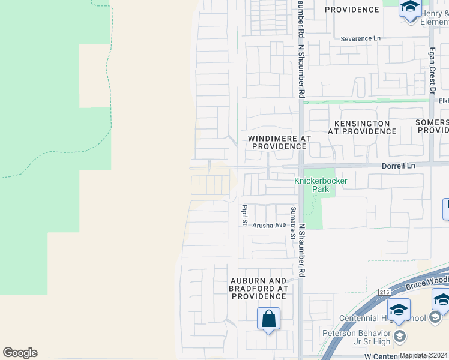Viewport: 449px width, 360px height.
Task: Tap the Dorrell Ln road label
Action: click(399, 164)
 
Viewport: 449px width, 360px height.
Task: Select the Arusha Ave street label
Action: click(269, 225)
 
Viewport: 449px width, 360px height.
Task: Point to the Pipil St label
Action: click(244, 215)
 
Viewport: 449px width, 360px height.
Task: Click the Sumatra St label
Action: click(292, 222)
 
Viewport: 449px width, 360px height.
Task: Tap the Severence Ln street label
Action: click(360, 38)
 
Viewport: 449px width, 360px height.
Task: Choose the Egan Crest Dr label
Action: click(431, 71)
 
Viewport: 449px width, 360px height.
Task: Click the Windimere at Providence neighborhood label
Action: click(279, 142)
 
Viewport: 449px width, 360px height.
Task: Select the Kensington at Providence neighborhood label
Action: click(362, 127)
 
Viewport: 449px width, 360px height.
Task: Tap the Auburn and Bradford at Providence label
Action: click(259, 289)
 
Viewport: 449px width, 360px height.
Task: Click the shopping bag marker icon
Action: click(268, 318)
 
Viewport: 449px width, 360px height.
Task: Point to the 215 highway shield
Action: click(385, 292)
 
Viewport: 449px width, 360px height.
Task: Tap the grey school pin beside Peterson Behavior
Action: click(399, 338)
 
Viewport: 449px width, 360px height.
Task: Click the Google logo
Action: click(20, 353)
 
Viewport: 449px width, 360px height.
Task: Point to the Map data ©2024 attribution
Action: click(423, 355)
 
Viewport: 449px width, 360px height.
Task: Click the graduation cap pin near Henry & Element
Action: click(410, 8)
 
